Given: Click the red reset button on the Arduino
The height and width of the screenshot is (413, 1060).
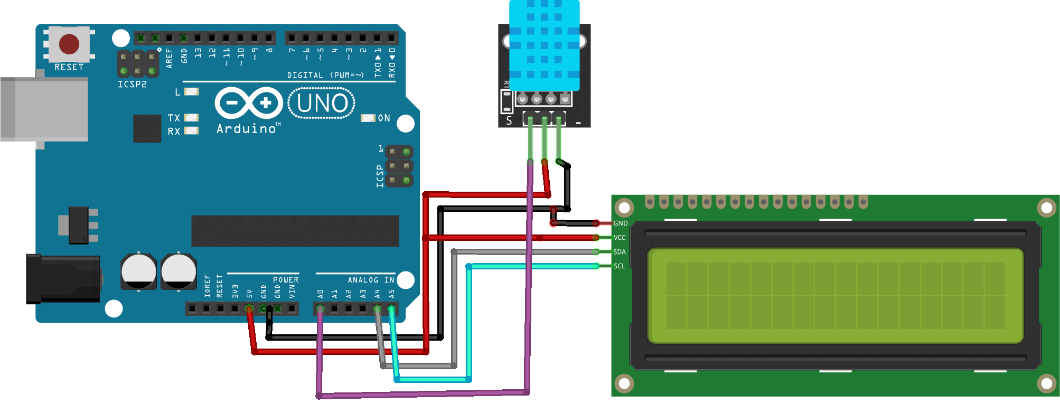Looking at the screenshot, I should (69, 44).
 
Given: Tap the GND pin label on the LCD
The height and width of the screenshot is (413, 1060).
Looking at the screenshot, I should (620, 223).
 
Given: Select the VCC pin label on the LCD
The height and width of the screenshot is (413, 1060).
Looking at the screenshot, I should (620, 238).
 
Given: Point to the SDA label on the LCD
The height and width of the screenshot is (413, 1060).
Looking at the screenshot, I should (620, 252).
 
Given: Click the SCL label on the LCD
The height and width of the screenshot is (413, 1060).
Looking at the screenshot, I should (619, 266).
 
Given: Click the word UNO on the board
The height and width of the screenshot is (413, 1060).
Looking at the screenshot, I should (322, 104).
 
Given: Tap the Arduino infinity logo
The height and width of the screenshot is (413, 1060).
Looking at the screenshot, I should (248, 102).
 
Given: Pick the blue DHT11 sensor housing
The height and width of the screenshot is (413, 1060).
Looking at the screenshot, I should (544, 45).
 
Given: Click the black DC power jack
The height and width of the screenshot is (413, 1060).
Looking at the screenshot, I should (63, 279).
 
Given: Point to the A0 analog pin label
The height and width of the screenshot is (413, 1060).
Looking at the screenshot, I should (320, 294).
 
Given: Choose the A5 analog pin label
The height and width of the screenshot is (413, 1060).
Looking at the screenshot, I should (391, 294).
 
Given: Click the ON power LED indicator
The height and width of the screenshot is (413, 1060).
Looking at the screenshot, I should (368, 118).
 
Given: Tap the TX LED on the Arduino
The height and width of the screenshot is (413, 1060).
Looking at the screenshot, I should (191, 118).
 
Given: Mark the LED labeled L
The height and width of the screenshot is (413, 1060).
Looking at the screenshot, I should (191, 92).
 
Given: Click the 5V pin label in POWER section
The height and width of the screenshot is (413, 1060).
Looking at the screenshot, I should (249, 294).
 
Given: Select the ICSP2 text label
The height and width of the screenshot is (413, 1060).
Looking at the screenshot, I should (132, 85).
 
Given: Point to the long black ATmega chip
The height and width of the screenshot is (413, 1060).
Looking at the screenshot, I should (295, 231).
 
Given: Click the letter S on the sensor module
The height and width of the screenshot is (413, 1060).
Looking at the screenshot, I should (509, 120).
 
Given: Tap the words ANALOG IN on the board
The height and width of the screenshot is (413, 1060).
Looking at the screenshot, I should (371, 280).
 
